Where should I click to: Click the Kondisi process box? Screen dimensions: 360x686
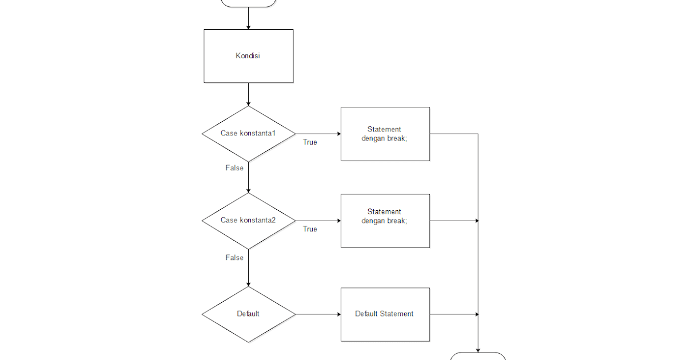(249, 56)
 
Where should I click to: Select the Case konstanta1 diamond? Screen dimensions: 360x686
(249, 134)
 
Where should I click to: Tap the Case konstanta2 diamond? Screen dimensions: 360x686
(249, 221)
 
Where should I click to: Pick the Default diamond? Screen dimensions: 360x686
(249, 314)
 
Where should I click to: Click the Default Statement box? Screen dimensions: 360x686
(385, 314)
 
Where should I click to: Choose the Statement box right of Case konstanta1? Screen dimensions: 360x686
(385, 134)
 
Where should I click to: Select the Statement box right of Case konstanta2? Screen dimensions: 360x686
(385, 221)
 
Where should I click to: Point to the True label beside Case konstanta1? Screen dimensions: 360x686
(310, 142)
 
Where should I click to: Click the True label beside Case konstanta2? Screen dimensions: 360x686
(310, 229)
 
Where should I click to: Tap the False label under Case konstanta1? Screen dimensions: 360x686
(234, 168)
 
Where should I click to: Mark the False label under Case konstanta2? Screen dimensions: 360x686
(234, 258)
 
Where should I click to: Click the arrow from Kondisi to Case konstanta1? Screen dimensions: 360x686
(249, 94)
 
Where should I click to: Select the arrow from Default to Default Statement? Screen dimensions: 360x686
(318, 314)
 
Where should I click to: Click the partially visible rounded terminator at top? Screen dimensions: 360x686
(249, 3)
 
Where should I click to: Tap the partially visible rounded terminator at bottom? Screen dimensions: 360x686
(478, 357)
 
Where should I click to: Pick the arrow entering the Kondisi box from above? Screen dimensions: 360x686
(249, 18)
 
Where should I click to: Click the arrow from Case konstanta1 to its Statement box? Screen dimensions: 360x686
(318, 134)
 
